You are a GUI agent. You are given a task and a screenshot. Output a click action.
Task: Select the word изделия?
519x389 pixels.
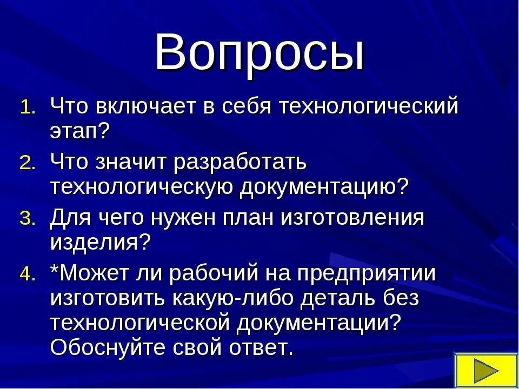pos(99,243)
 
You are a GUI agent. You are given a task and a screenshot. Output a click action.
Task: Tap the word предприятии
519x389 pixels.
pos(361,273)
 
